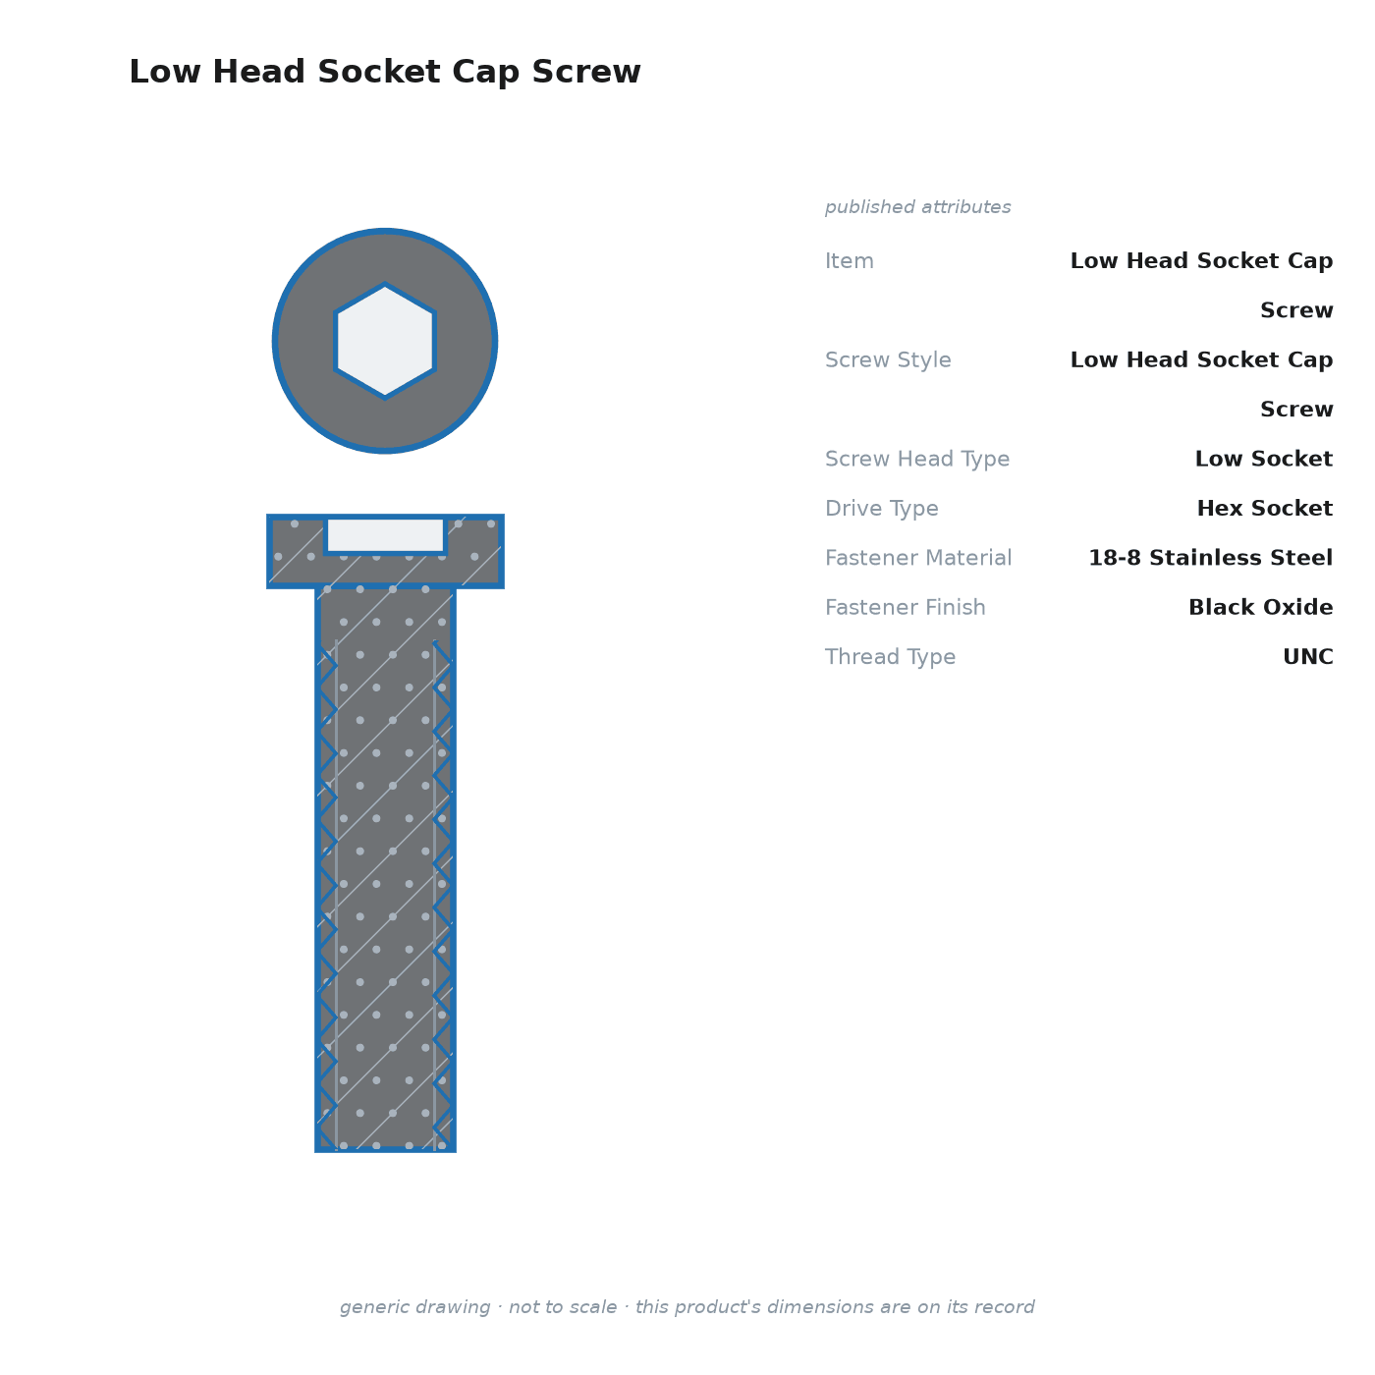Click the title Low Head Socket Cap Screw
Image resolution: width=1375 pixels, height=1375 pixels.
(x=385, y=72)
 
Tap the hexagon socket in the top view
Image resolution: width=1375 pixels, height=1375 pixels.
(x=385, y=341)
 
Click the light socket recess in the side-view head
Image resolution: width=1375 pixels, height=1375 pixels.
(x=385, y=535)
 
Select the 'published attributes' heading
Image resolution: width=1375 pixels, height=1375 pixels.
(x=917, y=207)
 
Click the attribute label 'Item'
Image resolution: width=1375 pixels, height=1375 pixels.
(x=850, y=261)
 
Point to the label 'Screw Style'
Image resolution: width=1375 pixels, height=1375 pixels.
(x=888, y=360)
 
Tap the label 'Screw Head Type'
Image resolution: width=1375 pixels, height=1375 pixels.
(x=917, y=459)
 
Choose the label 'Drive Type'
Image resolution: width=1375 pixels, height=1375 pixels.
(x=881, y=509)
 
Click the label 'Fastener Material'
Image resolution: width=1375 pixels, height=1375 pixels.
(x=918, y=558)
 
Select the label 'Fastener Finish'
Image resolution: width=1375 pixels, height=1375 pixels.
(x=905, y=607)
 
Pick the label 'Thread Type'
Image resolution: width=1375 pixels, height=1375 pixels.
(x=890, y=657)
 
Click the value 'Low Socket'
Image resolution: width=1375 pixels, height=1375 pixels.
(x=1264, y=459)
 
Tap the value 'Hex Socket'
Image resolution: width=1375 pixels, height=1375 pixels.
(x=1264, y=508)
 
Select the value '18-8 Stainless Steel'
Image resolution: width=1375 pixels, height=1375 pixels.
(x=1210, y=558)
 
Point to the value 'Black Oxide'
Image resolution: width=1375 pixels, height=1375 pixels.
(x=1260, y=607)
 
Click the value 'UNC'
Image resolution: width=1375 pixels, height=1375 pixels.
(x=1308, y=657)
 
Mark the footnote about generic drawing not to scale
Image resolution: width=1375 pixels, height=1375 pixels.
(x=687, y=1307)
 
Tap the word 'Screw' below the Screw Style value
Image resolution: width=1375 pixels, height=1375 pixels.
(x=1296, y=410)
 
